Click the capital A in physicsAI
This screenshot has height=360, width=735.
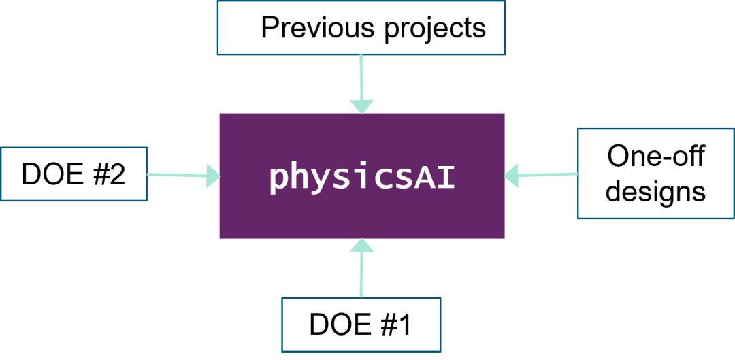424,176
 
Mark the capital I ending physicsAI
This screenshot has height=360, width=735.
446,176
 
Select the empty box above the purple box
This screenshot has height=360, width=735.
361,27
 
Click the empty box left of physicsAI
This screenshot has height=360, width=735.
73,174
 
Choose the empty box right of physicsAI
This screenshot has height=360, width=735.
655,174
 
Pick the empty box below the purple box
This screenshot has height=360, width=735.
361,324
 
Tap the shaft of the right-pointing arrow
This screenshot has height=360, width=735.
177,175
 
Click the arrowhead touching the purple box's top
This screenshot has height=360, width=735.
361,106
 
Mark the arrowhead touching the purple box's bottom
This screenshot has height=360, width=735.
361,246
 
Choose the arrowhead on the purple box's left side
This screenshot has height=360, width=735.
213,176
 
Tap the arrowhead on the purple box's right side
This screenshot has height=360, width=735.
512,176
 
